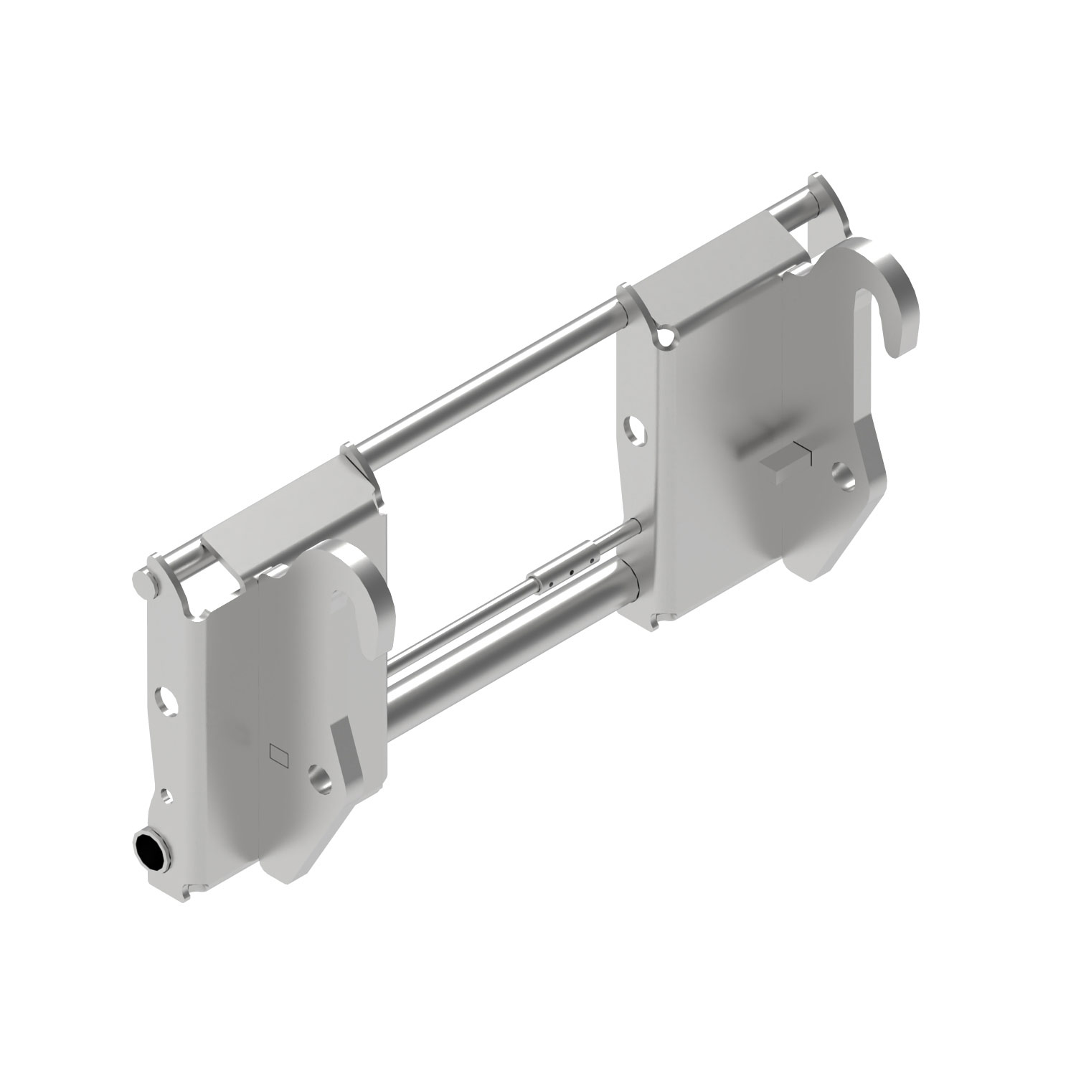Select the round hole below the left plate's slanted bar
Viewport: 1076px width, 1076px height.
[x=318, y=778]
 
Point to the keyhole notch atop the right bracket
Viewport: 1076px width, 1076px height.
[x=666, y=336]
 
